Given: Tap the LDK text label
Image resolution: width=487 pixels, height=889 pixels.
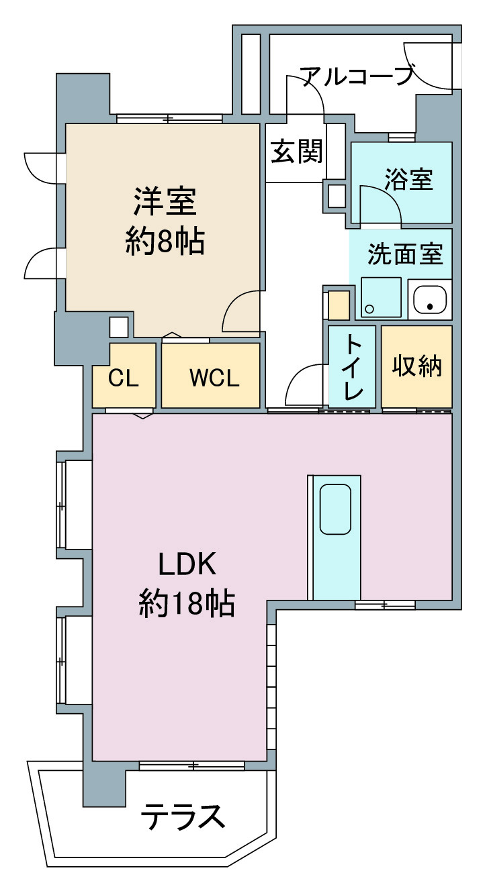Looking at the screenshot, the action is (x=187, y=564).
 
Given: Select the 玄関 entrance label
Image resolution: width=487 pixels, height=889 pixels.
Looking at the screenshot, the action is (x=297, y=151).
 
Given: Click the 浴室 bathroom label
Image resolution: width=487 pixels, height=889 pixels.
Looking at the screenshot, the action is (x=409, y=179).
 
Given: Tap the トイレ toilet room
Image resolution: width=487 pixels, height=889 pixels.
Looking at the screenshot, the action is (x=352, y=367).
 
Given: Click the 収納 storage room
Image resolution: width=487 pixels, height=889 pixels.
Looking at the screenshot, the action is (x=417, y=367).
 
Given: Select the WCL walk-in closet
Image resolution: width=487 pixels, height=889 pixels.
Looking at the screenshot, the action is (x=210, y=375).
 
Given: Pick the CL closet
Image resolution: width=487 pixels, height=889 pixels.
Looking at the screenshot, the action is (x=124, y=375).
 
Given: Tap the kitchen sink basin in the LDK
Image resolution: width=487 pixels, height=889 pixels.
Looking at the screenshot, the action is (x=335, y=509).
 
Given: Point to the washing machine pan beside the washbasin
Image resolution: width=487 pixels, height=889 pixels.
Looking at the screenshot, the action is (x=381, y=297).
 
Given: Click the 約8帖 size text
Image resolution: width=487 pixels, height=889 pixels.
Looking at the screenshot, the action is (x=165, y=241).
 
